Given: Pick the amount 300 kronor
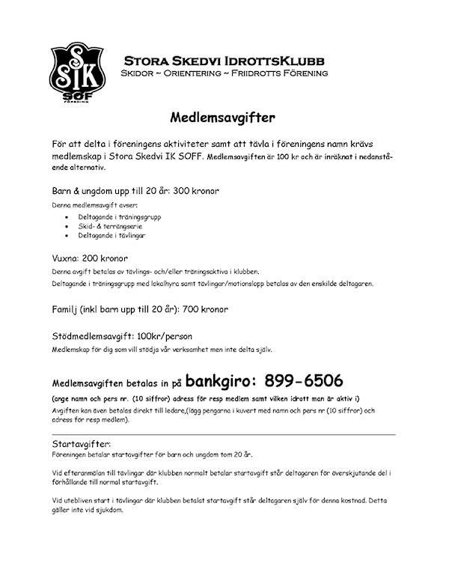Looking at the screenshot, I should click(195, 191).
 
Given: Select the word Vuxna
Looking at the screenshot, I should click(66, 257).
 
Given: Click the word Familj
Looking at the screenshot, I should click(67, 308).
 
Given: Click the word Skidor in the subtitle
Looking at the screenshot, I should click(138, 74).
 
